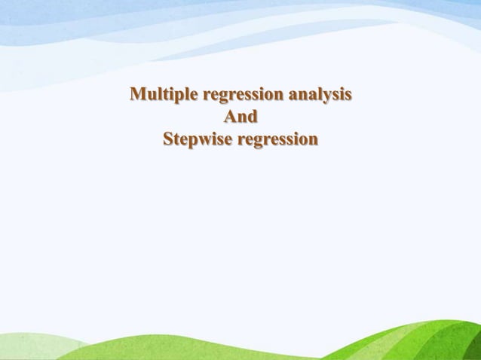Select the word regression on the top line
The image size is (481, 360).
click(240, 96)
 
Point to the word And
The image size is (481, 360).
click(240, 117)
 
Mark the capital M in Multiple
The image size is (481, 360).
click(138, 94)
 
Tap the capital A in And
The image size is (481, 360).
click(231, 117)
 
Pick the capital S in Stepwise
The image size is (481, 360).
click(168, 139)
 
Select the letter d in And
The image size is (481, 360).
click(253, 117)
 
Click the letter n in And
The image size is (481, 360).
click(242, 117)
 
